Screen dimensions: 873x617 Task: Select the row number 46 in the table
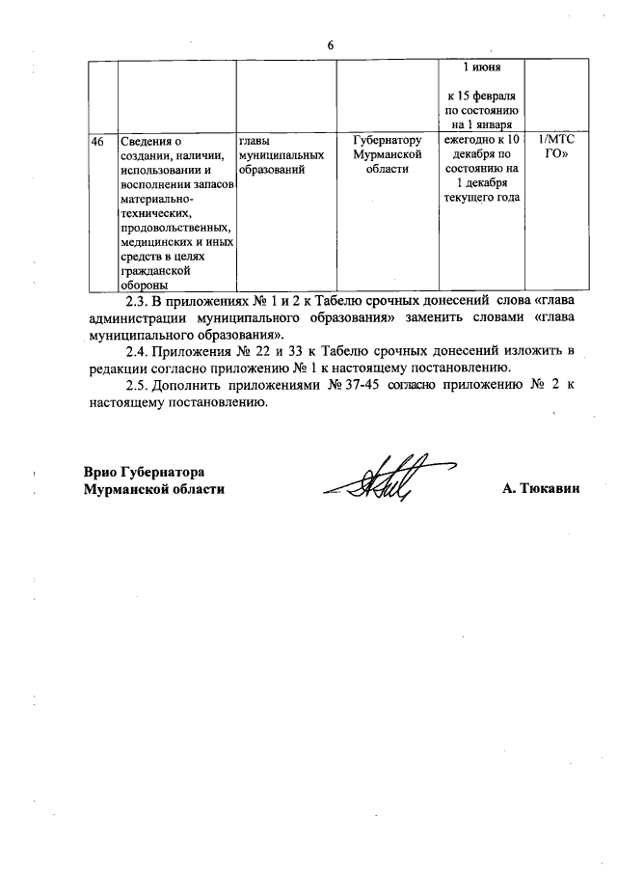tap(97, 141)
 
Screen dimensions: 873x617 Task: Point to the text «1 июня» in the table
tap(481, 69)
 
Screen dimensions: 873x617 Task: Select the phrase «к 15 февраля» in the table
tap(481, 97)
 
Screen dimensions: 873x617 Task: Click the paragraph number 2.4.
tap(140, 349)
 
